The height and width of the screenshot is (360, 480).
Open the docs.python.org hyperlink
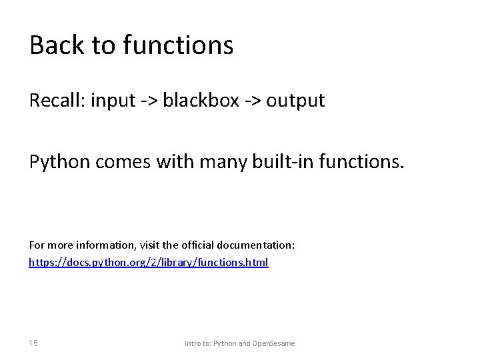[x=148, y=263]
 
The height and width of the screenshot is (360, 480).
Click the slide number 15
[x=33, y=343]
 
